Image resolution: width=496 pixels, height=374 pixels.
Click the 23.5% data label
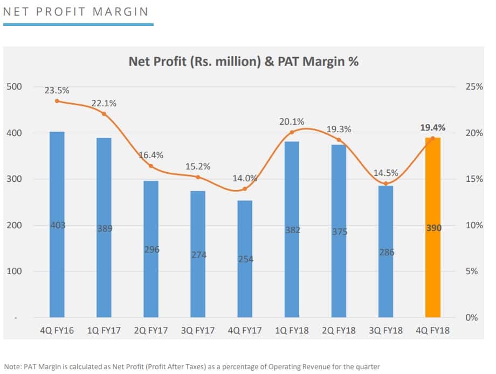pos(57,91)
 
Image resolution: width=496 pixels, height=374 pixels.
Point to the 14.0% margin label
pos(245,179)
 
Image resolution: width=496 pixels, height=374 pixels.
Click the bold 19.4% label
pos(433,128)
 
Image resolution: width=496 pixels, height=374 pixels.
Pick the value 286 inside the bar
pos(386,252)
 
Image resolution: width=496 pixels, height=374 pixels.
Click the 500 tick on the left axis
pos(15,87)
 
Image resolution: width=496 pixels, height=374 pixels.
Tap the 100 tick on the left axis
pos(15,271)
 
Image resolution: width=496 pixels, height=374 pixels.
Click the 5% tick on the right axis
pos(472,271)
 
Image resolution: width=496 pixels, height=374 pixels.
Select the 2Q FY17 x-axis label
pos(151,330)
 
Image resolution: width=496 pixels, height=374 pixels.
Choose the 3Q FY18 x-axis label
pos(386,330)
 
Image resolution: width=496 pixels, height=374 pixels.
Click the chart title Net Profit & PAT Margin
pos(244,62)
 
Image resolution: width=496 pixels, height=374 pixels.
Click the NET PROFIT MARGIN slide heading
pos(76,11)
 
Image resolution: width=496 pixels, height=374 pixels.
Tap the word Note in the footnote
pos(12,366)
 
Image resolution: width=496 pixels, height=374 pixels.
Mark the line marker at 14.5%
pos(386,183)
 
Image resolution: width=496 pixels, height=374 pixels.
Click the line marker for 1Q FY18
pos(292,132)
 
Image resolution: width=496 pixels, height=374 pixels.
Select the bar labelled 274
pos(198,270)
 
